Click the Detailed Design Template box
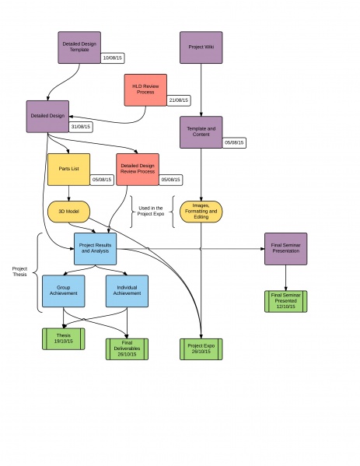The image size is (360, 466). [79, 47]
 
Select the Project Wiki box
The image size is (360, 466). [201, 47]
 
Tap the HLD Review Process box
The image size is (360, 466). [145, 90]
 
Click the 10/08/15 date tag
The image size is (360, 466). [113, 58]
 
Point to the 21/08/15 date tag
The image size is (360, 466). [179, 100]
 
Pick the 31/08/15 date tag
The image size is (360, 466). [81, 127]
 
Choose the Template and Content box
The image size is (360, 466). [201, 132]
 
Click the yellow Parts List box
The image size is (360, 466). [69, 170]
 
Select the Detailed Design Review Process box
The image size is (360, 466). [138, 170]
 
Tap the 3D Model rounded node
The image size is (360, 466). [69, 212]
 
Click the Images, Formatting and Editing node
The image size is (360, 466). [201, 212]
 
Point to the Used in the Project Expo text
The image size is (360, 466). [151, 211]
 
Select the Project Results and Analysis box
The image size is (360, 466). [96, 249]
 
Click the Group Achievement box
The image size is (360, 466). [64, 291]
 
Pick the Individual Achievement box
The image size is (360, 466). [128, 291]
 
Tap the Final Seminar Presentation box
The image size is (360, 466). [285, 249]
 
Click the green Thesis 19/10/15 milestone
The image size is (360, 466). [64, 338]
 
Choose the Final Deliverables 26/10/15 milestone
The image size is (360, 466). [128, 349]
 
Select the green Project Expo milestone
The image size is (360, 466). [201, 349]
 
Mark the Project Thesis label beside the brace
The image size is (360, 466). [19, 272]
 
